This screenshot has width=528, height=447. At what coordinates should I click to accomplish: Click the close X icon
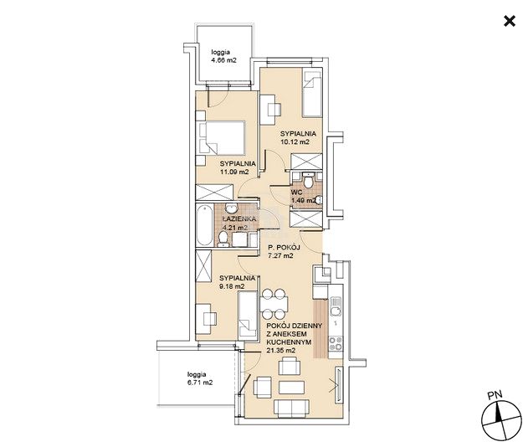pos(510,21)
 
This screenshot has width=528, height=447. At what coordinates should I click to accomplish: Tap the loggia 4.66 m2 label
pos(223,56)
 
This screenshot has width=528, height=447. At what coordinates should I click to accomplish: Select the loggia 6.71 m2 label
pos(200,378)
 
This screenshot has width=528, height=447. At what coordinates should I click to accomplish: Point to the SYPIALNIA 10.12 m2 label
pos(298,137)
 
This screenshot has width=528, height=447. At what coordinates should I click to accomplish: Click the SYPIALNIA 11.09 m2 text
pos(238,167)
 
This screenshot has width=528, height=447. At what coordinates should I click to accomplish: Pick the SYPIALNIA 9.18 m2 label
pos(237,282)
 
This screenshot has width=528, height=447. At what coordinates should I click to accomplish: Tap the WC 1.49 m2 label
pos(304,197)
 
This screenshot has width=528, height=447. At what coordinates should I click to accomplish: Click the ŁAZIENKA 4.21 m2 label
pos(239,223)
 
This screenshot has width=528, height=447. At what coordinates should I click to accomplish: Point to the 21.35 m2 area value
pos(281,351)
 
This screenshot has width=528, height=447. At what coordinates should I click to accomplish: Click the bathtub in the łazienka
pos(205,225)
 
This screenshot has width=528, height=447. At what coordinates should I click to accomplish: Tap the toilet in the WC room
pos(307,180)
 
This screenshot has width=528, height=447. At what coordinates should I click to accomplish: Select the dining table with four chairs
pos(274,304)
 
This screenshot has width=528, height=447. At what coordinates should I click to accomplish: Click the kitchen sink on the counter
pos(336,306)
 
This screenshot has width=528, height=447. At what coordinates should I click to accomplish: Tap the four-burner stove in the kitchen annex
pos(336,343)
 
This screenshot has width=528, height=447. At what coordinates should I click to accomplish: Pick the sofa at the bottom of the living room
pos(291,408)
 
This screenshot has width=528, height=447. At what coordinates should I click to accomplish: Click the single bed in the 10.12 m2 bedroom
pos(312,93)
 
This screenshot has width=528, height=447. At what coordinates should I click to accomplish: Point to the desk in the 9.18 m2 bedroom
pos(206,319)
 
